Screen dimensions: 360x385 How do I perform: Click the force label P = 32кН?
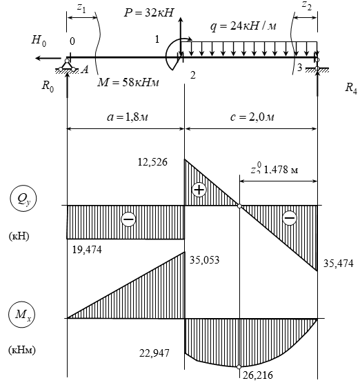pyautogui.click(x=149, y=12)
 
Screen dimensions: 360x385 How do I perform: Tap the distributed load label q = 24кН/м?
pyautogui.click(x=243, y=26)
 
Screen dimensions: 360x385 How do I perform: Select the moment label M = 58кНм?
pyautogui.click(x=128, y=83)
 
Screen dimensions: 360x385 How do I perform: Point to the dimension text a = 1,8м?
pyautogui.click(x=128, y=117)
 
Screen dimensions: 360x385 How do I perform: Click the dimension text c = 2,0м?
pyautogui.click(x=252, y=117)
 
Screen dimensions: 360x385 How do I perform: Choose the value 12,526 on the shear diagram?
pyautogui.click(x=152, y=162)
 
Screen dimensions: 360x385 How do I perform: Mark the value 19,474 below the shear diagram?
pyautogui.click(x=87, y=250)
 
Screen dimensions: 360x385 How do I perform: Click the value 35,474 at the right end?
pyautogui.click(x=339, y=264)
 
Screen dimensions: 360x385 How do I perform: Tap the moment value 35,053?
pyautogui.click(x=204, y=260)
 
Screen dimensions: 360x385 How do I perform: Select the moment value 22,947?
pyautogui.click(x=154, y=353)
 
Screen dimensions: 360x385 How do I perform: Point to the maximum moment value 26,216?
pyautogui.click(x=258, y=375)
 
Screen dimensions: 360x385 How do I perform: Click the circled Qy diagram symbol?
pyautogui.click(x=23, y=199)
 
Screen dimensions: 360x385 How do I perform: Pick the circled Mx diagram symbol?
pyautogui.click(x=21, y=315)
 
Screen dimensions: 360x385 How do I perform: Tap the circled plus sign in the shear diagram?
pyautogui.click(x=199, y=190)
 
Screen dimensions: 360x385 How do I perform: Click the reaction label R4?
pyautogui.click(x=351, y=88)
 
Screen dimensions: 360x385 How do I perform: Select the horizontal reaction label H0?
pyautogui.click(x=39, y=40)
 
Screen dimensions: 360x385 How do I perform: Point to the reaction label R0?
pyautogui.click(x=48, y=86)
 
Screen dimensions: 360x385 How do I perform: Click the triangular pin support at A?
pyautogui.click(x=67, y=66)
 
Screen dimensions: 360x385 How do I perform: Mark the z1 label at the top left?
pyautogui.click(x=81, y=8)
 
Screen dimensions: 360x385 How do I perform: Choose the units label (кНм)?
pyautogui.click(x=22, y=350)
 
